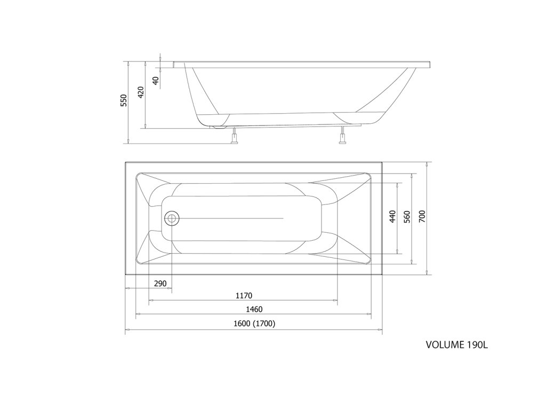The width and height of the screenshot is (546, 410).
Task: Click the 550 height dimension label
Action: tap(124, 100)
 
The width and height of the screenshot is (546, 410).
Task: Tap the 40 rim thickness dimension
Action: tap(156, 81)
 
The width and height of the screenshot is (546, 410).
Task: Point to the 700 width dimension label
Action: tap(422, 216)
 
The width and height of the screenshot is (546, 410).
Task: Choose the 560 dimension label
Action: tap(407, 216)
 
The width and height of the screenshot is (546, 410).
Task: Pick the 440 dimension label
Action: tap(392, 216)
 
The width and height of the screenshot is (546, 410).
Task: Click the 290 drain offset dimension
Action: tap(160, 283)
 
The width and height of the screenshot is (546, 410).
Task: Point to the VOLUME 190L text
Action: tap(457, 344)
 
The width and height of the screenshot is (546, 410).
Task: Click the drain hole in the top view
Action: tap(172, 218)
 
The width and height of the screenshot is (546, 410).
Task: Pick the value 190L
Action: tap(478, 344)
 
